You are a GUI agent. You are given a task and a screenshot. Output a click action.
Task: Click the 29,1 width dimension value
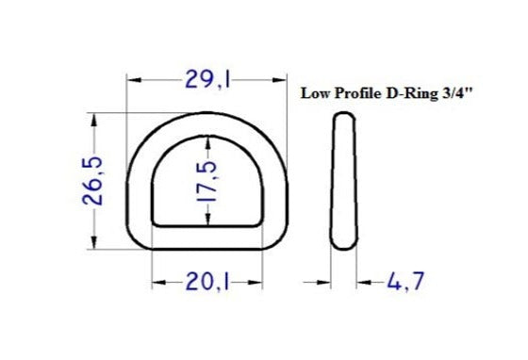tap(207, 82)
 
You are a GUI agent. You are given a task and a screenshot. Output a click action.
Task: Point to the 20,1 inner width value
tap(207, 282)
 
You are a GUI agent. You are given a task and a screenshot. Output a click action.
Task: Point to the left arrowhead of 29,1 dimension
tap(133, 82)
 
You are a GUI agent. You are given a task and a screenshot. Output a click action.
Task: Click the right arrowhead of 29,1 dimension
tap(281, 82)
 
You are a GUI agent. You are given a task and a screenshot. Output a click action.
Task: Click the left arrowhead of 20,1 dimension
tap(157, 282)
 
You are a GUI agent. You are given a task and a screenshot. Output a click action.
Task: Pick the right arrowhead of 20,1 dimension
tap(256, 282)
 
